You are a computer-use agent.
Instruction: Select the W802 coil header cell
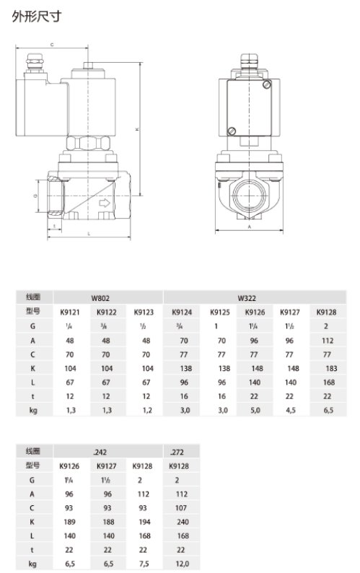100,297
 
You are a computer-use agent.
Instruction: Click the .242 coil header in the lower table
100,452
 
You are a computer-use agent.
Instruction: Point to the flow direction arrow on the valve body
104,205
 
